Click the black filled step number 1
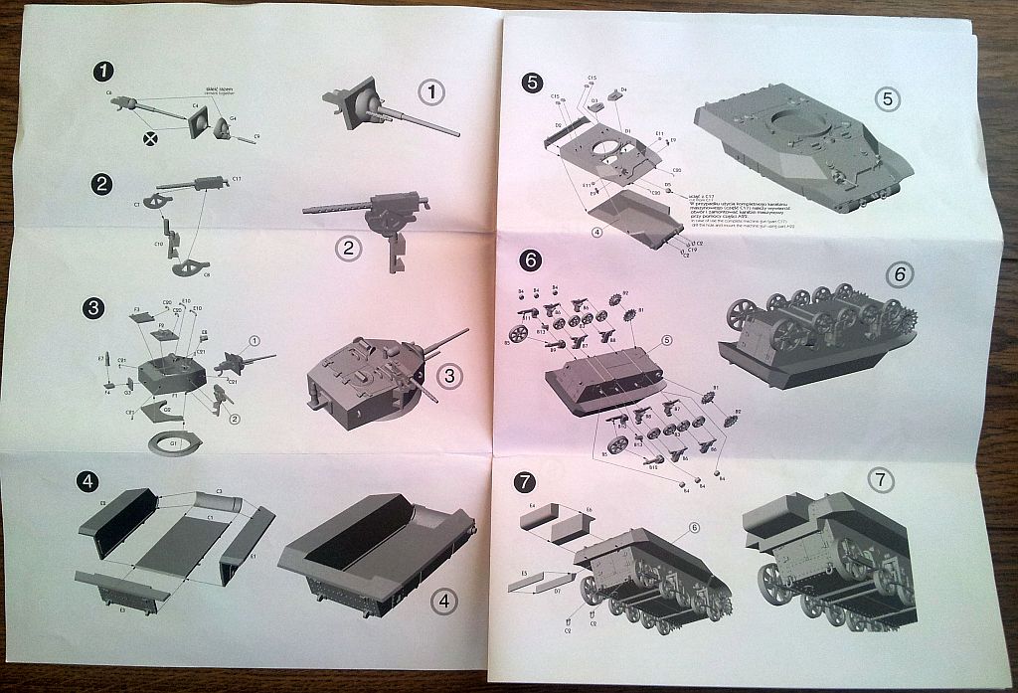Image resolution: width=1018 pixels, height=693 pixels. click(102, 72)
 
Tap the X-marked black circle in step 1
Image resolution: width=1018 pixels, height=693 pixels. click(151, 139)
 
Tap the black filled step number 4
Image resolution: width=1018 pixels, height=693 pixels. click(89, 483)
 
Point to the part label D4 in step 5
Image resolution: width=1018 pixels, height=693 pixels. click(623, 89)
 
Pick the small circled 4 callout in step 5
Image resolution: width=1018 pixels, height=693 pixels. click(594, 233)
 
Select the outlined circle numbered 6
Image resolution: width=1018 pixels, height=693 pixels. click(897, 274)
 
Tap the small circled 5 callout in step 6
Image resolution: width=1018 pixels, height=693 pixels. click(667, 340)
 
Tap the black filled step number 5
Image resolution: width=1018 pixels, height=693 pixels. click(533, 83)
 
